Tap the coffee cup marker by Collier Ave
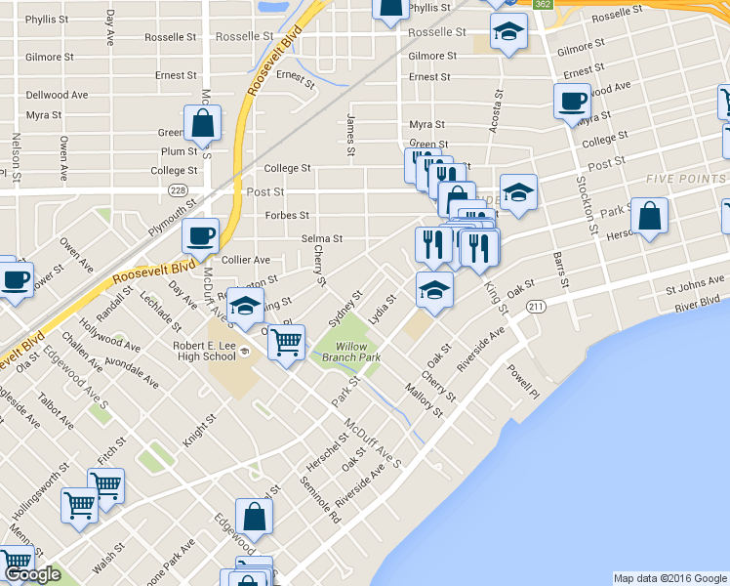(x=201, y=235)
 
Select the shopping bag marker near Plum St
(x=202, y=124)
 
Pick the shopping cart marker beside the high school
(x=286, y=343)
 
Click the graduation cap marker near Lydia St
(x=434, y=290)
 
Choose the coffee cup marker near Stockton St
(x=573, y=102)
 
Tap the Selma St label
(x=322, y=238)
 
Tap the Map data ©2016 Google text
(x=669, y=577)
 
